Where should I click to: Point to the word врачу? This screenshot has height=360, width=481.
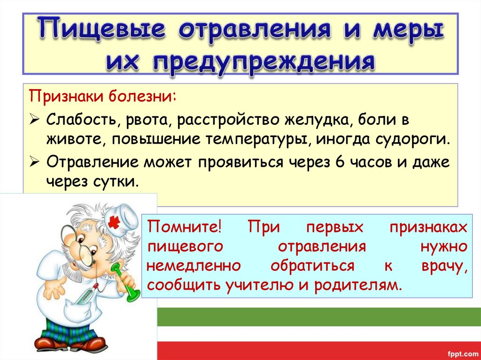pos(443,266)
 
